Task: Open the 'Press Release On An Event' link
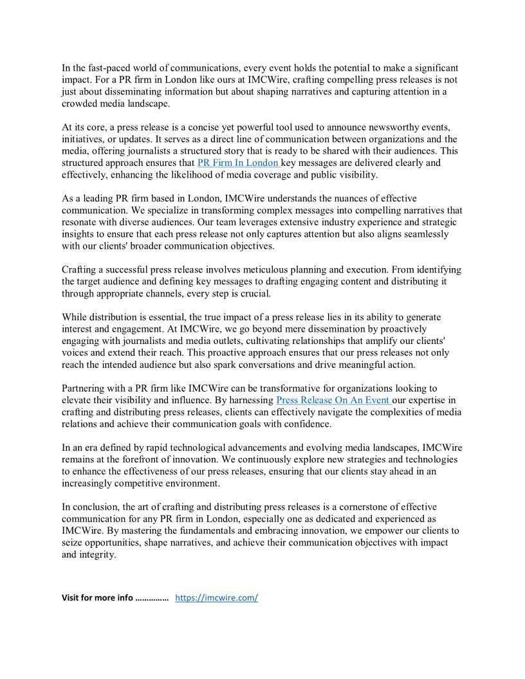[x=332, y=400]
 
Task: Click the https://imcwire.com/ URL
[x=216, y=597]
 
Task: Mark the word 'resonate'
[x=82, y=222]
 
